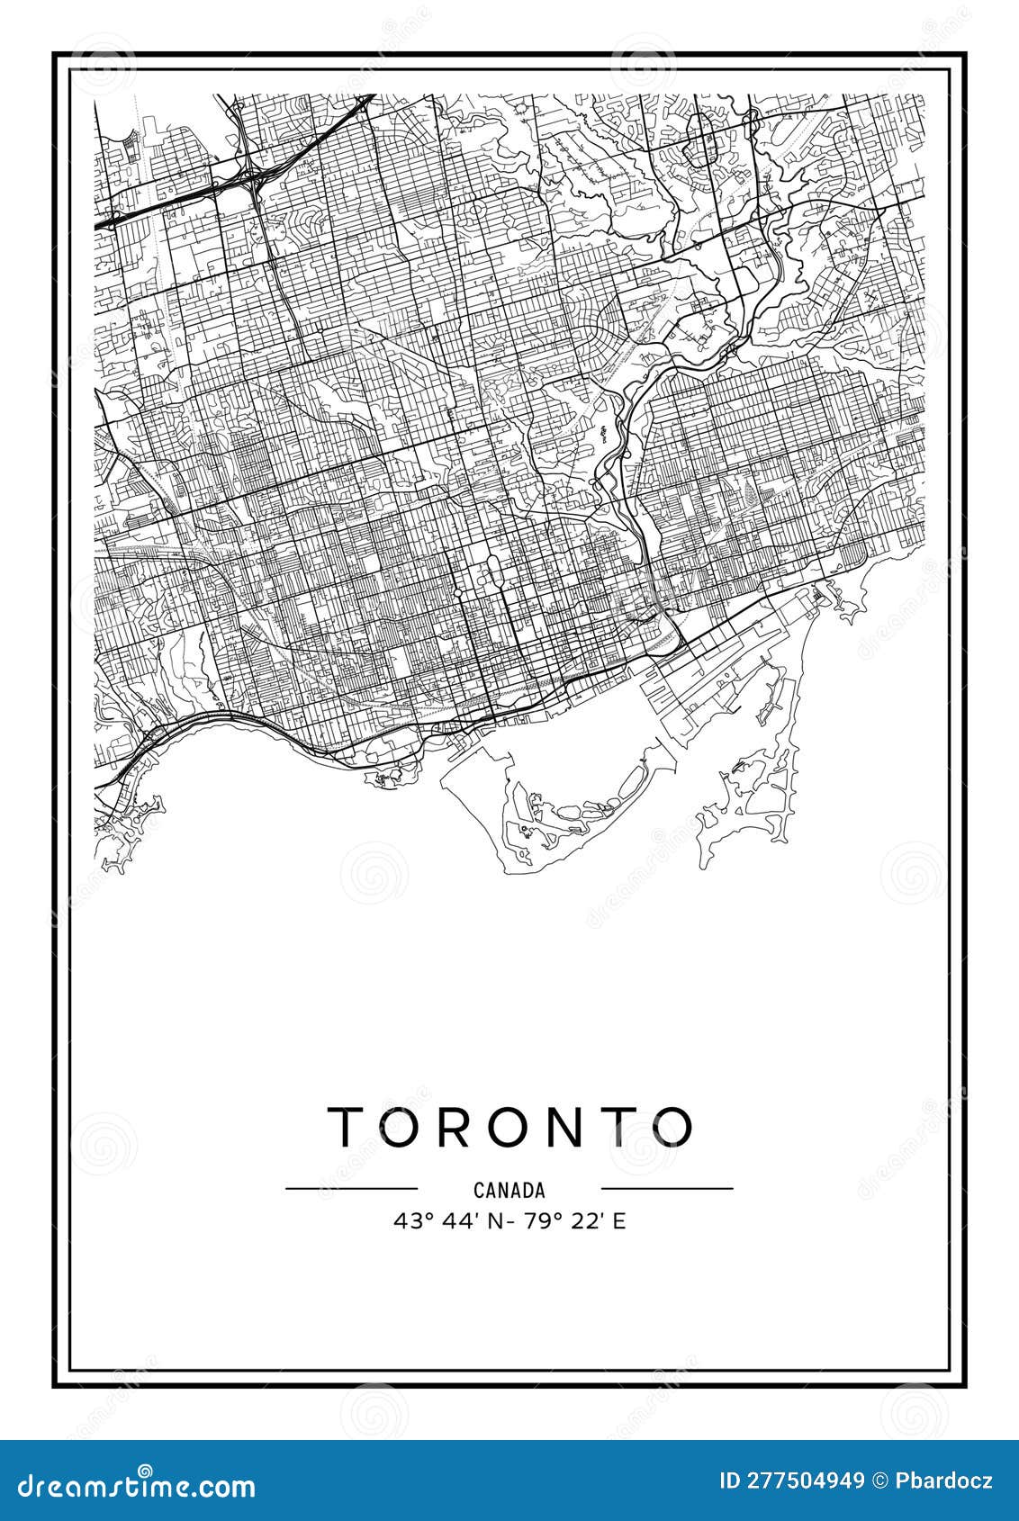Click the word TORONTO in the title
(x=510, y=1126)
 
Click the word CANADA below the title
(x=509, y=1190)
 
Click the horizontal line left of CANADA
(x=352, y=1188)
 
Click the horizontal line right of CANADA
(x=667, y=1188)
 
